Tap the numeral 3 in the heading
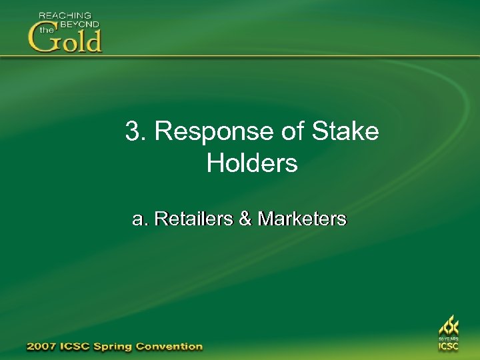point(132,131)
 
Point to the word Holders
point(252,163)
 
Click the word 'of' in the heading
point(293,131)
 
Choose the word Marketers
point(302,219)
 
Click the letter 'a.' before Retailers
point(141,219)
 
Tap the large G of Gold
point(42,38)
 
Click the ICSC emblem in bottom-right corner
point(448,327)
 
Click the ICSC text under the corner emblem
point(448,347)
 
